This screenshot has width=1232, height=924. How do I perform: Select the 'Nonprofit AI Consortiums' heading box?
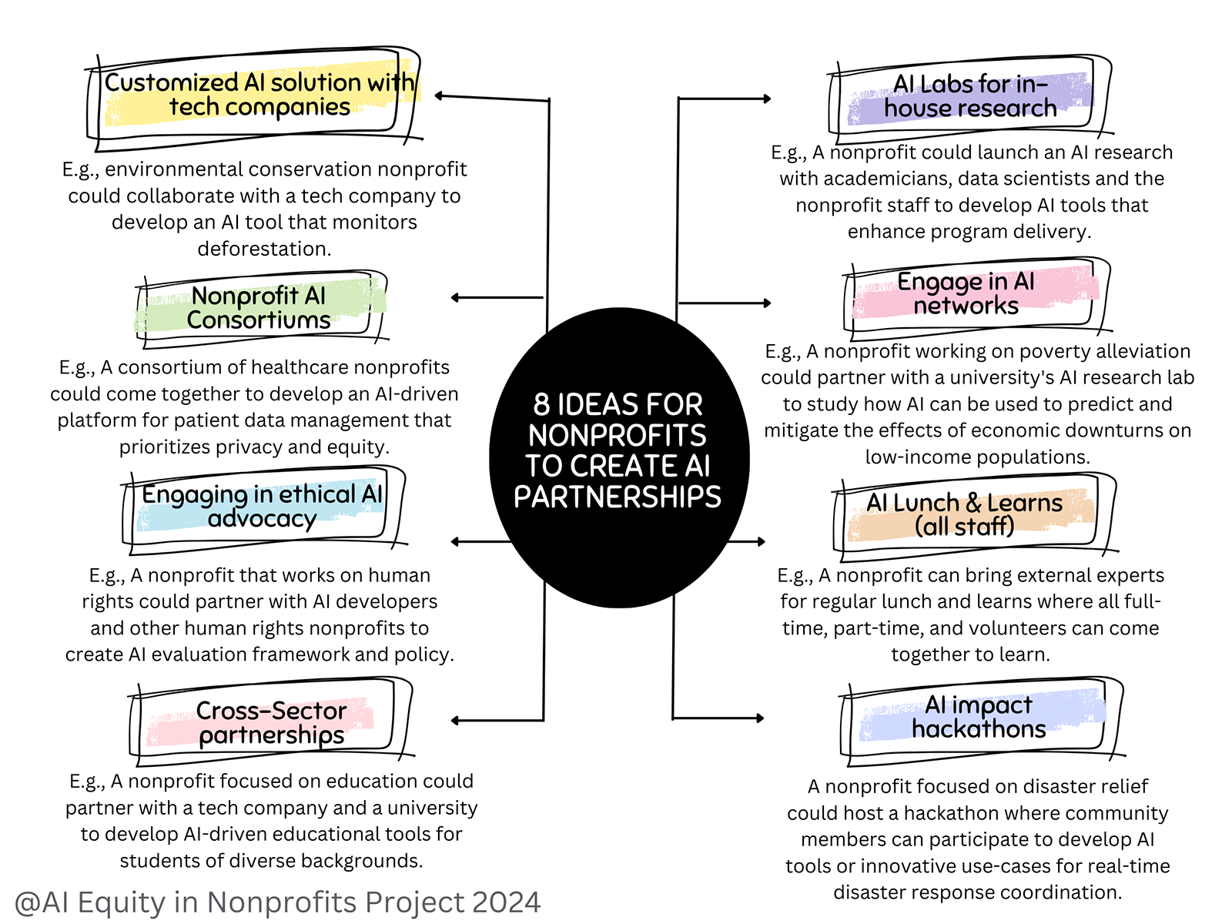click(x=259, y=307)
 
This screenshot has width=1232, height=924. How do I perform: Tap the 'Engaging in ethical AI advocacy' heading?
click(x=262, y=506)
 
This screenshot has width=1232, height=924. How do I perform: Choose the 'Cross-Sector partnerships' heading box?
click(x=271, y=722)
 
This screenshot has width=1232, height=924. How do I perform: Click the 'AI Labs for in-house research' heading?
click(x=970, y=96)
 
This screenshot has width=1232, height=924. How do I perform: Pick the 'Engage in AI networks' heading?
click(x=966, y=293)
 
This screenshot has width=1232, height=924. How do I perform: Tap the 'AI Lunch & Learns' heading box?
click(x=964, y=514)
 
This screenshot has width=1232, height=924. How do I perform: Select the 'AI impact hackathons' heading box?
click(x=979, y=717)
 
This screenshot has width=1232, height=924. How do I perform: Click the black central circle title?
click(x=618, y=450)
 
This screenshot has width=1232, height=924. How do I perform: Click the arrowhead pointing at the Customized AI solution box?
click(x=439, y=96)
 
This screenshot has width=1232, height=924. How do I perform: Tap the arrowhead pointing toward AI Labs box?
click(x=766, y=99)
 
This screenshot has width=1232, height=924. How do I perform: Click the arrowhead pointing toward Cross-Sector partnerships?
click(x=455, y=721)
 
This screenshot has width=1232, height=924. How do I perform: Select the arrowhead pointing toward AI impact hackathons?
click(x=760, y=718)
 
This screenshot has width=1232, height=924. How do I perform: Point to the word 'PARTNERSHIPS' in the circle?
click(x=618, y=497)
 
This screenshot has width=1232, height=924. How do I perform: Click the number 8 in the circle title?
click(x=541, y=405)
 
